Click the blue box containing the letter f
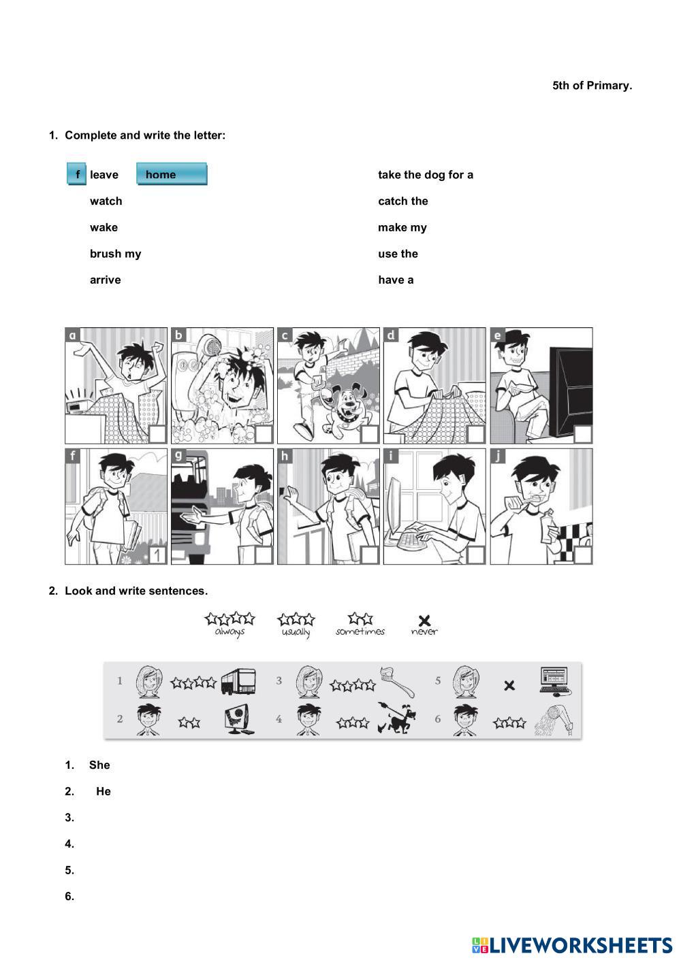point(76,174)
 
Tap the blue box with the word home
point(172,174)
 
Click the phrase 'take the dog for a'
point(426,175)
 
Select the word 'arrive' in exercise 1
point(106,280)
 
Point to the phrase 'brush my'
point(115,254)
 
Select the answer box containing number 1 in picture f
point(157,555)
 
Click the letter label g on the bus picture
point(178,456)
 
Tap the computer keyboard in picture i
point(412,540)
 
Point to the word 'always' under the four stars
point(229,632)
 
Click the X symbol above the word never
point(424,620)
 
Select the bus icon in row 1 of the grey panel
point(238,681)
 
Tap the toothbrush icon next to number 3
point(398,681)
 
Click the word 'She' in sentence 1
point(99,765)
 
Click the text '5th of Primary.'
point(592,86)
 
